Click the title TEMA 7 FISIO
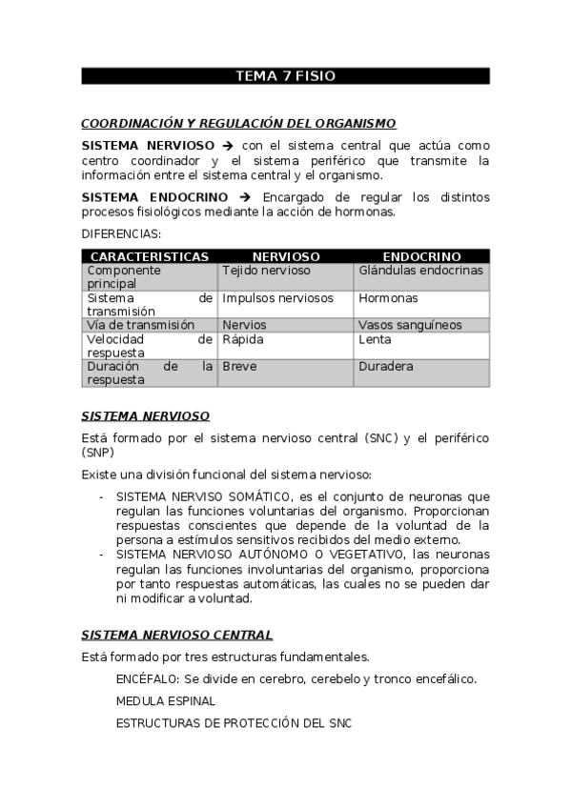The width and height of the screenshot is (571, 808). pyautogui.click(x=285, y=76)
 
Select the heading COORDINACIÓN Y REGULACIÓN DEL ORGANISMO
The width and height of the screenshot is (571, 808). pyautogui.click(x=238, y=124)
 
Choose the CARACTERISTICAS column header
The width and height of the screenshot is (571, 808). pyautogui.click(x=149, y=256)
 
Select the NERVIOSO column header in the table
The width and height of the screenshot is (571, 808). pyautogui.click(x=285, y=256)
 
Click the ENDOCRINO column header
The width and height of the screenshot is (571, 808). pyautogui.click(x=421, y=256)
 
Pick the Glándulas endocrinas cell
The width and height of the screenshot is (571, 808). pyautogui.click(x=420, y=271)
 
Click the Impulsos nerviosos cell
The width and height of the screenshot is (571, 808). pyautogui.click(x=277, y=298)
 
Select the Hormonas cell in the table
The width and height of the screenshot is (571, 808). pyautogui.click(x=388, y=298)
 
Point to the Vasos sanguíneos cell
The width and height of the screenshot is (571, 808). pyautogui.click(x=409, y=325)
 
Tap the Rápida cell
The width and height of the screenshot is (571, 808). pyautogui.click(x=243, y=339)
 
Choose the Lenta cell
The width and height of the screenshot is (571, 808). pyautogui.click(x=376, y=339)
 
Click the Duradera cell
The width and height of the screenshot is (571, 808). pyautogui.click(x=386, y=366)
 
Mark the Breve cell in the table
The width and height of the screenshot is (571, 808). pyautogui.click(x=239, y=366)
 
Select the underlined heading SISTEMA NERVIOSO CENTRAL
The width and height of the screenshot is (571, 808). pyautogui.click(x=176, y=635)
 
